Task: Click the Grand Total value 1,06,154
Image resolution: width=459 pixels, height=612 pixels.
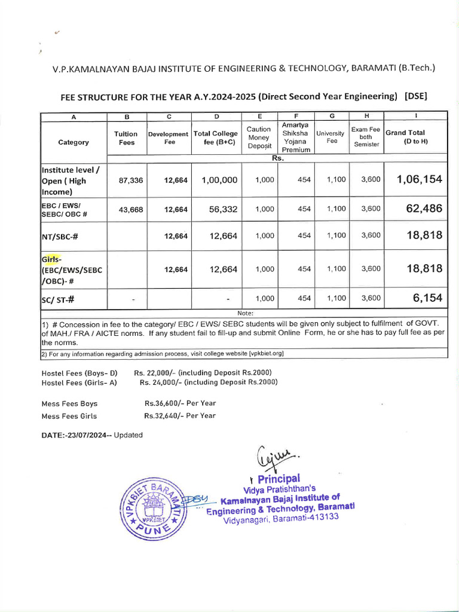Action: click(x=419, y=180)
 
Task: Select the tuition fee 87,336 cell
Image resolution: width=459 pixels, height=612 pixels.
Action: click(x=131, y=180)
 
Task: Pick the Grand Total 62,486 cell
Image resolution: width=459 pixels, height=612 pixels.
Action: click(x=424, y=209)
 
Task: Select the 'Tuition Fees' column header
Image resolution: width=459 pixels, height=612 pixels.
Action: click(x=126, y=138)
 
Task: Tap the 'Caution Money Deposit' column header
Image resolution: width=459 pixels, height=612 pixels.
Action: click(x=259, y=137)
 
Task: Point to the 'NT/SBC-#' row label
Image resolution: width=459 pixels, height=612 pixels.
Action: click(x=60, y=236)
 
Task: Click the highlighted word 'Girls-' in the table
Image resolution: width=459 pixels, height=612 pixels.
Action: click(x=51, y=259)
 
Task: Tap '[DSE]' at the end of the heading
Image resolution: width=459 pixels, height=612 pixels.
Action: click(x=416, y=96)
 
